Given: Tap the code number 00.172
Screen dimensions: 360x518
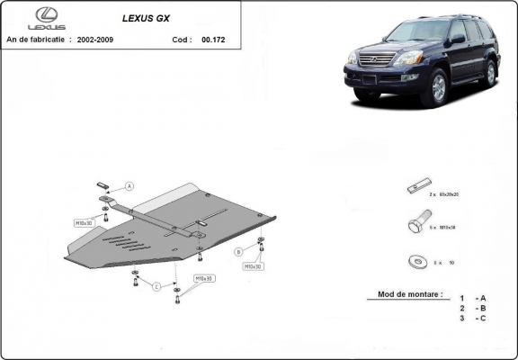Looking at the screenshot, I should click(x=215, y=41).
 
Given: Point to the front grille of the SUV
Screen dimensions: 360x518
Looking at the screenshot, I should click(x=377, y=61).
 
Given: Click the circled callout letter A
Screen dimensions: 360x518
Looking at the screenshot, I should click(x=129, y=186).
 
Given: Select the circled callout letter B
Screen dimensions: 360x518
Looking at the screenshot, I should click(x=238, y=251).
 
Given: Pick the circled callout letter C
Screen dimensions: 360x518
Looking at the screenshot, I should click(x=156, y=287).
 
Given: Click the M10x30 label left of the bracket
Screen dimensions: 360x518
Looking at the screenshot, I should click(x=84, y=221).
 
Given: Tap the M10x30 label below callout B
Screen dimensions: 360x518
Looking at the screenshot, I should click(x=252, y=266).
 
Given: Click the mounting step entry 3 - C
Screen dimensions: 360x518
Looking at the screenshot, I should click(x=473, y=318).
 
